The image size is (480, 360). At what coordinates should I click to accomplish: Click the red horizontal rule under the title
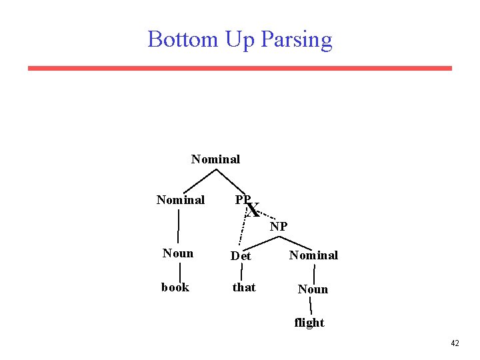click(240, 68)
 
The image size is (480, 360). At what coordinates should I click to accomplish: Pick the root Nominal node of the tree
click(215, 159)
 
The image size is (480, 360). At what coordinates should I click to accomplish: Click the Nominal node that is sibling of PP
click(180, 200)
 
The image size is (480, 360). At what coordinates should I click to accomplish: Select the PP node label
click(243, 200)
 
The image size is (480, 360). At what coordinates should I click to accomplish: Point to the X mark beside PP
click(253, 211)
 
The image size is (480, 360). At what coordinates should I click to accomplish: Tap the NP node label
click(279, 227)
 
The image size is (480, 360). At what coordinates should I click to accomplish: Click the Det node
click(241, 256)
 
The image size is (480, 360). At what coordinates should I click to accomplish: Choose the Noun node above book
click(178, 253)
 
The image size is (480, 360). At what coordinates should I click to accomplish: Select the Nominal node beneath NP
click(313, 255)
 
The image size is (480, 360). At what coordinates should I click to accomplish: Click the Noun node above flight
click(313, 289)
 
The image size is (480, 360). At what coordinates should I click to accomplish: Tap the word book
click(175, 287)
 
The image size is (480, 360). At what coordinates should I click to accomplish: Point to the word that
click(243, 287)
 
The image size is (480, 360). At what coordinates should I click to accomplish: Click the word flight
click(309, 323)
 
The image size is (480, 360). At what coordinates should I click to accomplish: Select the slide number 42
click(455, 343)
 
